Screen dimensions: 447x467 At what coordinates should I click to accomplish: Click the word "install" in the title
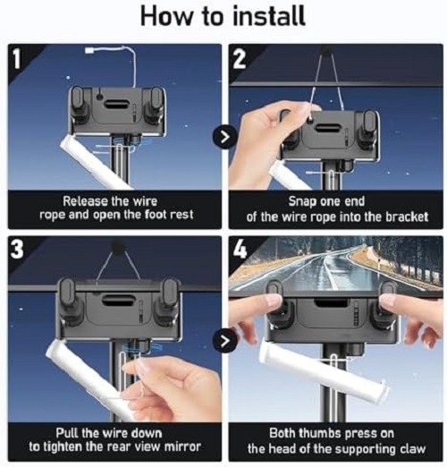point(268,15)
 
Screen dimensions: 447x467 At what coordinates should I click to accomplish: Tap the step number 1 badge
point(16,58)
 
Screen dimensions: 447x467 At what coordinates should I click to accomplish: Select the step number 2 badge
point(239,58)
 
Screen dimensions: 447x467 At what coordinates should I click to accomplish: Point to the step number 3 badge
point(17,250)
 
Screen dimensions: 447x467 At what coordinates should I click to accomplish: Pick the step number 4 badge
point(240,249)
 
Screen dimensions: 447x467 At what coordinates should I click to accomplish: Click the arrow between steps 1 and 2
point(225,137)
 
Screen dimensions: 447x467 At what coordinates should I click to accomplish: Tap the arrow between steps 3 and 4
point(225,341)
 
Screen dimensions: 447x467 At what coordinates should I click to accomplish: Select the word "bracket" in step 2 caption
point(407,217)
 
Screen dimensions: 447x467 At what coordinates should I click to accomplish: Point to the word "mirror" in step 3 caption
point(182,446)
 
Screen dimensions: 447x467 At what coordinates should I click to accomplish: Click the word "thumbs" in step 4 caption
point(320,433)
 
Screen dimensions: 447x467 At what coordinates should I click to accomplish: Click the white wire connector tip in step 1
point(89,50)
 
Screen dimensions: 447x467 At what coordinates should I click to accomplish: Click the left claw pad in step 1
point(78,98)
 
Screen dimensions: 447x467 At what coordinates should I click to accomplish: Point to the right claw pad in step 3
point(170,291)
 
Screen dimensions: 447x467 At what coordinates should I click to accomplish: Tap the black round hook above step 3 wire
point(118,247)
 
